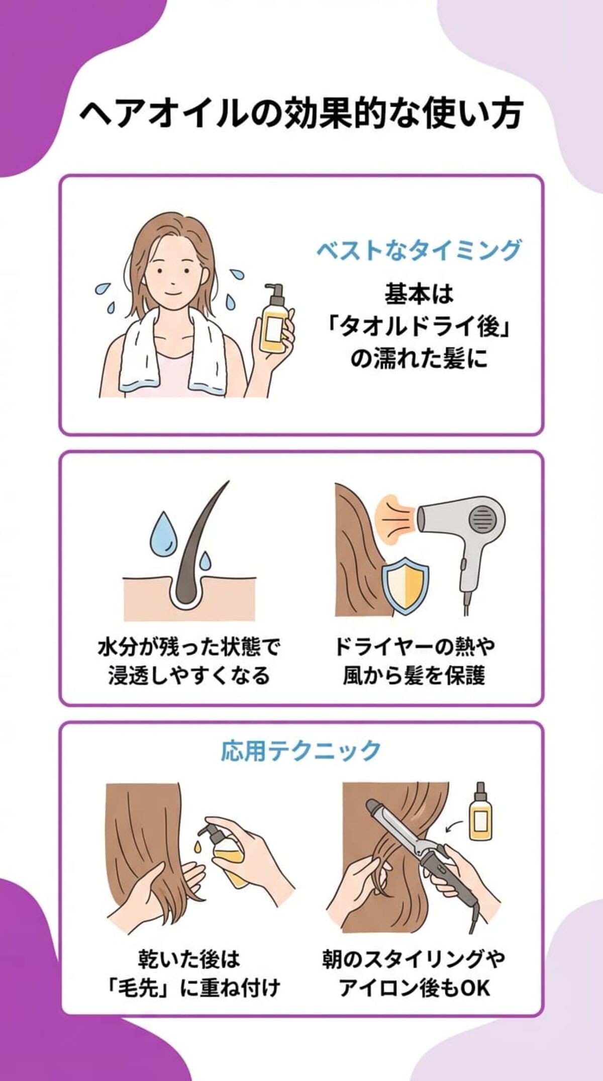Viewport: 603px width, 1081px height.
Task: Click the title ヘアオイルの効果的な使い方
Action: tap(301, 115)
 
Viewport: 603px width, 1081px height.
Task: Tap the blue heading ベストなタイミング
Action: tap(418, 250)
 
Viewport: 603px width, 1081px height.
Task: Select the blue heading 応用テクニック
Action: tap(301, 750)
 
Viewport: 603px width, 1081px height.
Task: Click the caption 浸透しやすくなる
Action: tap(189, 676)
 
